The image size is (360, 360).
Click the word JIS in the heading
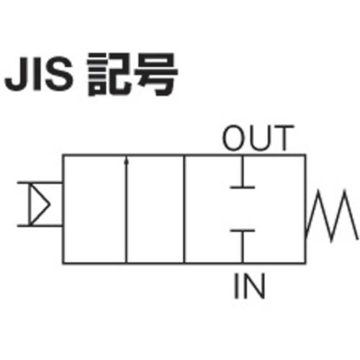click(39, 73)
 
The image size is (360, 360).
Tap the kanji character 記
click(109, 74)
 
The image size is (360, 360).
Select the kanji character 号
click(156, 74)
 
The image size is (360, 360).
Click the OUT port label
click(258, 138)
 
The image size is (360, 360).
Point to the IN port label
click(250, 286)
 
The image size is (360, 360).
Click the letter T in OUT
click(284, 138)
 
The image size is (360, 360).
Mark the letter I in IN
click(236, 286)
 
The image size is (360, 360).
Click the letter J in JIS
click(16, 74)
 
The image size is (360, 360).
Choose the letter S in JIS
click(60, 73)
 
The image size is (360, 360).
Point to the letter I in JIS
click(37, 74)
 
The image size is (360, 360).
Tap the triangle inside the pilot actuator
click(40, 204)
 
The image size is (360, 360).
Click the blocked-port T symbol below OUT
click(243, 172)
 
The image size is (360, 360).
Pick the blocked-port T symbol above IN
click(243, 246)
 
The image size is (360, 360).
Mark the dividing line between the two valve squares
click(184, 210)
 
